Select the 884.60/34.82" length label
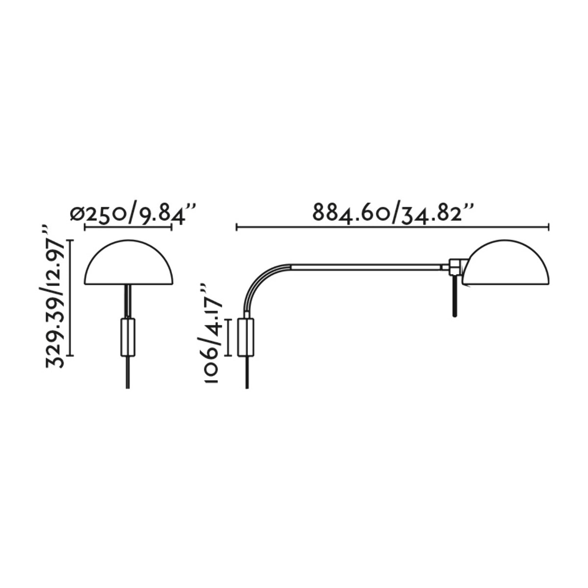[x=393, y=213]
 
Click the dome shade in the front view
[x=128, y=263]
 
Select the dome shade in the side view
[x=506, y=263]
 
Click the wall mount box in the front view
[x=128, y=337]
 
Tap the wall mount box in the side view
[x=245, y=337]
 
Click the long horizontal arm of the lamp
[x=366, y=267]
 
